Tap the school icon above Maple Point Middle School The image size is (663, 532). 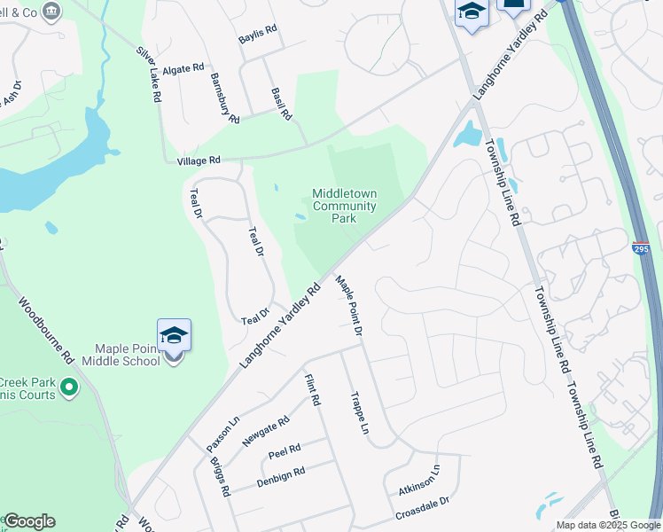[x=174, y=335]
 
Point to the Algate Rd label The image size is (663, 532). [x=183, y=67]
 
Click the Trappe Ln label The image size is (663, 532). [x=359, y=413]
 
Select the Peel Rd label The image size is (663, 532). [x=285, y=450]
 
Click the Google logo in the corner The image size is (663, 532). [x=29, y=521]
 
